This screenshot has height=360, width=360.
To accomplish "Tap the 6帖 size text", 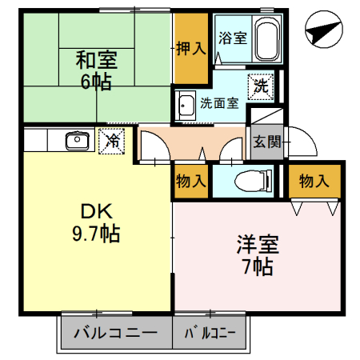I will [x=94, y=82].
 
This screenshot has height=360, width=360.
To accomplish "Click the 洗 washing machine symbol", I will [x=262, y=85].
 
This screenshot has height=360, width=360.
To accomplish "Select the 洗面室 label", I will [x=219, y=102].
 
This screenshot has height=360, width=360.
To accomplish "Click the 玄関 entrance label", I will [x=266, y=142].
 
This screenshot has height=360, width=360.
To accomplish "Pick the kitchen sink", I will [x=77, y=141].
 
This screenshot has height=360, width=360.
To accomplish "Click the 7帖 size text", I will [x=258, y=266].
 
